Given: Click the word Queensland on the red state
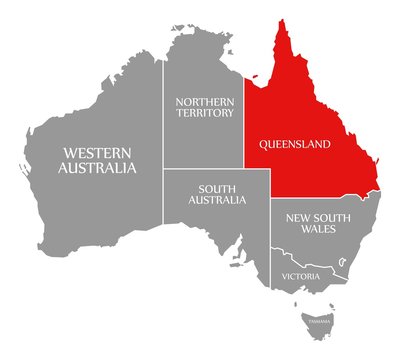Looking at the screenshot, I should click(x=295, y=144).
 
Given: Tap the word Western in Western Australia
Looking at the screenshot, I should click(x=96, y=152).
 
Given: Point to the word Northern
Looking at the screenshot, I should click(x=205, y=101).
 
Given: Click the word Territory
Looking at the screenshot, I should click(x=205, y=113).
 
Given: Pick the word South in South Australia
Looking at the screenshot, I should click(x=217, y=187).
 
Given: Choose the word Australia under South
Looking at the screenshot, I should click(x=217, y=200).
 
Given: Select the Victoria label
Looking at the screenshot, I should click(x=300, y=275).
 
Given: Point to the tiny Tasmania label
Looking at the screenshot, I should click(x=318, y=321).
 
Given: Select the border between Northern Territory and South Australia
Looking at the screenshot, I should click(x=205, y=169).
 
